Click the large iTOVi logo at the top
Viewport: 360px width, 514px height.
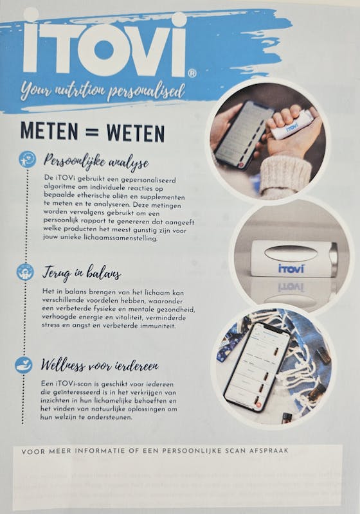(104, 44)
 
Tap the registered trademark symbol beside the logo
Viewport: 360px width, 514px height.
(192, 73)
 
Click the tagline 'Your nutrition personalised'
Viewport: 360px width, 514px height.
(103, 91)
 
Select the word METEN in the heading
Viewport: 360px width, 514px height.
(50, 132)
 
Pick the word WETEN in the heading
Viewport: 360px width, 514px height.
(136, 132)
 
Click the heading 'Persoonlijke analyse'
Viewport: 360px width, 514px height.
(96, 161)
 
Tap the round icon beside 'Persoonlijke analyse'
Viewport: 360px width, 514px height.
(27, 159)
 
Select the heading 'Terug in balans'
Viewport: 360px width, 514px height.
(82, 272)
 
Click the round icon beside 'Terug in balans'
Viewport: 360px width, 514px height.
(25, 272)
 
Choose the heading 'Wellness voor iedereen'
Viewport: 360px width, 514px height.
(100, 365)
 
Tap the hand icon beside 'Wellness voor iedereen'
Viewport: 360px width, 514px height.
(24, 365)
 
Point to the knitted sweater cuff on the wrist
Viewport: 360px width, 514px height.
(285, 175)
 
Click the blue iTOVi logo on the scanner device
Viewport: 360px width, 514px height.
(291, 269)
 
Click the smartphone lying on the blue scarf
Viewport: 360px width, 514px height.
(257, 367)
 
